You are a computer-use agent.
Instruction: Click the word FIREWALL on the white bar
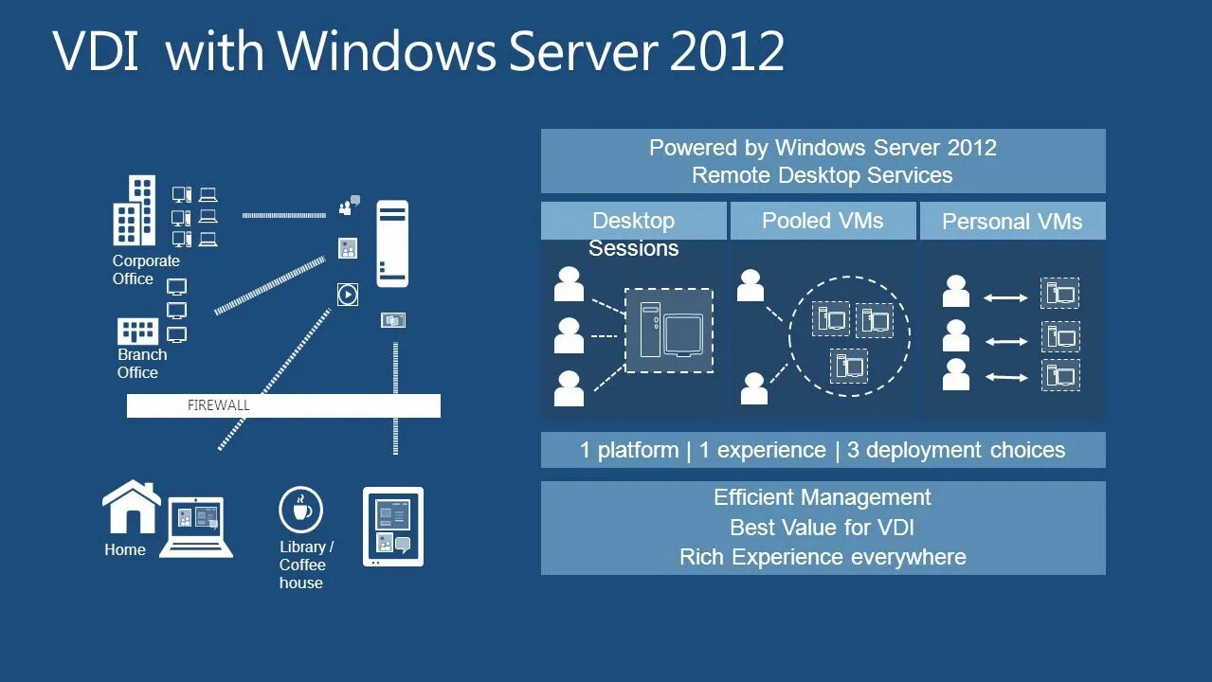218,405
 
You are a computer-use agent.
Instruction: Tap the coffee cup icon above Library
300,510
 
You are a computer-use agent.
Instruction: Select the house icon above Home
131,508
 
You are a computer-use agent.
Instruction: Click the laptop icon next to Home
196,526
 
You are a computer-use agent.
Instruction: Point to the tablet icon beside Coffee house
393,527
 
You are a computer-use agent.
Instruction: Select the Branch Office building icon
137,332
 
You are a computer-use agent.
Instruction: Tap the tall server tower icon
392,243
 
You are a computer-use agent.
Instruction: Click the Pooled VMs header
823,221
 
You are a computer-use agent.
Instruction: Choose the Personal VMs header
1012,222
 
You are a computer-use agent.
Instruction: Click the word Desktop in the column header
633,221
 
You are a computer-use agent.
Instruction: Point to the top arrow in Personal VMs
1005,298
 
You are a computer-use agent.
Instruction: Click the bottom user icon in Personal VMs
956,374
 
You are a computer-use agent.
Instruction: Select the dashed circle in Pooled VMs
849,336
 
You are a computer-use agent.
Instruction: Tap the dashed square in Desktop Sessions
668,331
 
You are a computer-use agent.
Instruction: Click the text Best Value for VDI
822,527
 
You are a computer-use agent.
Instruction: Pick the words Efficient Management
822,497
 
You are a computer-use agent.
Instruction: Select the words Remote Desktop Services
822,175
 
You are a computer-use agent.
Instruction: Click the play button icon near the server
348,295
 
